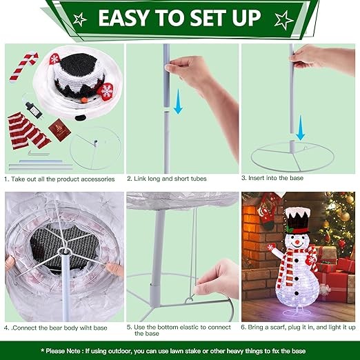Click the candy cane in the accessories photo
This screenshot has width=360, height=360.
[x=23, y=67]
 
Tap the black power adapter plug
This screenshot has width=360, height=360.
[x=34, y=110]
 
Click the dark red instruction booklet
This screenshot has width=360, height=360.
[x=59, y=130]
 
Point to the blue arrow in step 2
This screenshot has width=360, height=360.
[x=178, y=101]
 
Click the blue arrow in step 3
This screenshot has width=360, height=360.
[x=300, y=128]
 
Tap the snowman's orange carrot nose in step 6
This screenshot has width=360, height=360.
[x=297, y=242]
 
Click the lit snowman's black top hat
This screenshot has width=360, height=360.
[x=297, y=221]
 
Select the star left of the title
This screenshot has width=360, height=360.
[x=80, y=19]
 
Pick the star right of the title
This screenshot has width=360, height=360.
[x=284, y=20]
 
